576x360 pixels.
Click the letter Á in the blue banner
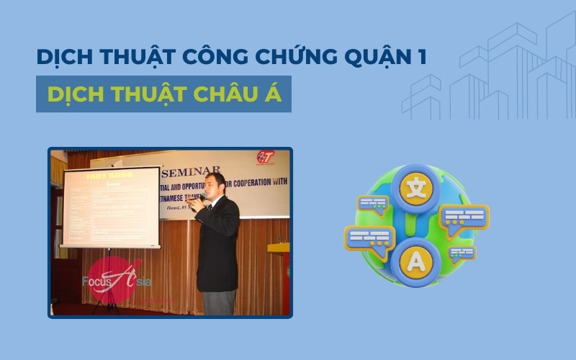274,94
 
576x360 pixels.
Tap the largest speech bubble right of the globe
464,219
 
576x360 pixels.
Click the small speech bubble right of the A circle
462,253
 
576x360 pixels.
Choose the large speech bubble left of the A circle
369,238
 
